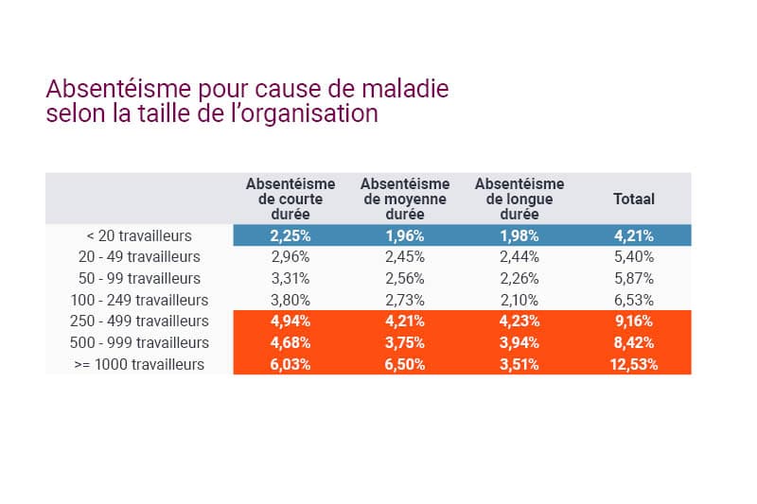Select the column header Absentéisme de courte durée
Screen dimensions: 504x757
point(290,199)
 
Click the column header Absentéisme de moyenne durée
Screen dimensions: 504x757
point(405,199)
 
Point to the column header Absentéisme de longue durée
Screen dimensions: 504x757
point(519,199)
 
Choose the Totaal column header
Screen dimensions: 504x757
point(634,200)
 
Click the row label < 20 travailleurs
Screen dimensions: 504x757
point(139,235)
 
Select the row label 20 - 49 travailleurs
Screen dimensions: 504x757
point(139,256)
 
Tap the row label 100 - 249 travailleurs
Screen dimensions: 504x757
point(139,300)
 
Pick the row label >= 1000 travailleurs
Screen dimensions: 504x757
point(139,364)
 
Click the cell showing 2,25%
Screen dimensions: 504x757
point(290,235)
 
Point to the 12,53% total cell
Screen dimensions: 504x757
point(634,364)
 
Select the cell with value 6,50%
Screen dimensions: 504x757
point(405,364)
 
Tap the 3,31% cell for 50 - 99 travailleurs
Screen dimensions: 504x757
point(290,278)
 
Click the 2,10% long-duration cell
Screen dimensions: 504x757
point(519,300)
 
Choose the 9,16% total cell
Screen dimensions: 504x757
point(634,322)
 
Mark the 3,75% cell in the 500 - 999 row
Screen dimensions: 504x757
point(405,342)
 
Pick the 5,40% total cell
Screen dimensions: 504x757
point(634,256)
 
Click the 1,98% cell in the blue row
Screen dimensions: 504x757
point(519,235)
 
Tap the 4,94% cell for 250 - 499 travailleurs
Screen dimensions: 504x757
point(290,322)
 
